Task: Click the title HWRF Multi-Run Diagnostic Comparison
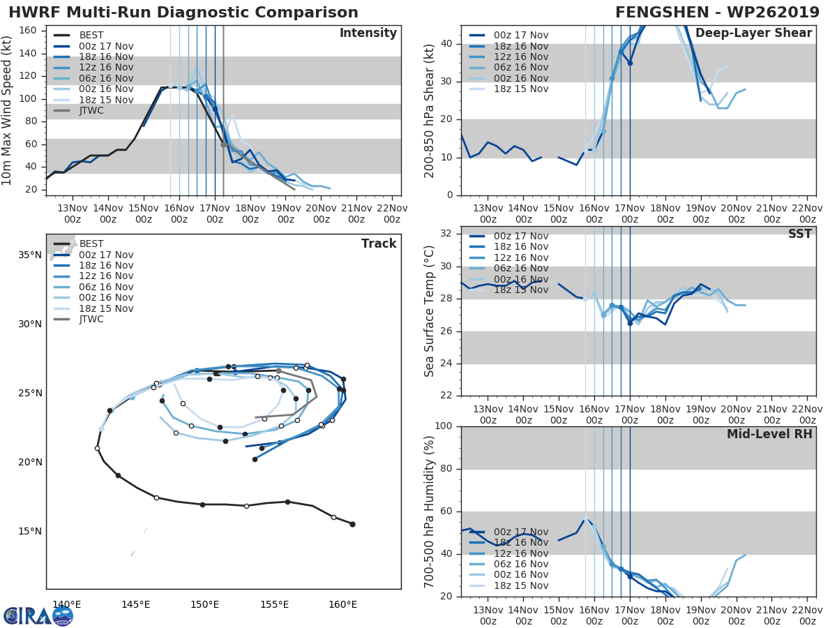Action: coord(183,13)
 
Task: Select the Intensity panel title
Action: coord(368,33)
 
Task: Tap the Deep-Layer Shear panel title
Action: coord(753,33)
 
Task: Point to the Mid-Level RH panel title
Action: coord(769,434)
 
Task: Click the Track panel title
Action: coord(379,244)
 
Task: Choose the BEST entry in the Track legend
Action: coord(92,244)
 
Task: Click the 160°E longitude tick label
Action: coord(342,604)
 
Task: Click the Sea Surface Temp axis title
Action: coord(430,312)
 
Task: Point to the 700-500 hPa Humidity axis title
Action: coord(430,511)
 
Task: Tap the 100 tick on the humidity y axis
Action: coord(443,426)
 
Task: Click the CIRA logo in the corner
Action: coord(38,616)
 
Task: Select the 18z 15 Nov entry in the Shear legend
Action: coord(520,89)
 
